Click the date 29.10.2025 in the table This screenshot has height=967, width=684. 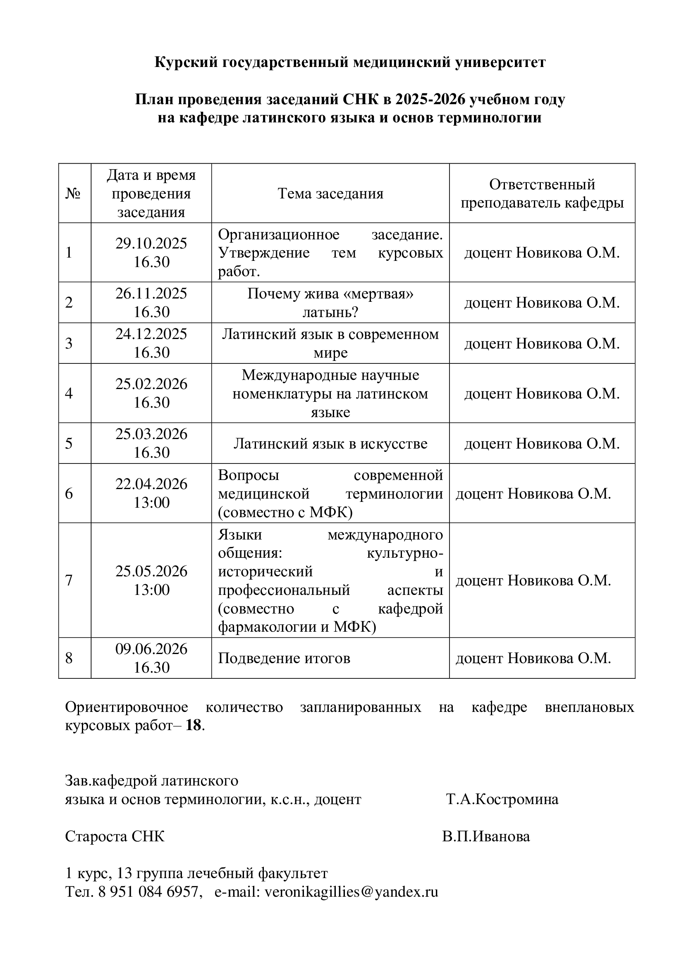(151, 244)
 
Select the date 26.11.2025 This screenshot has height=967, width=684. (151, 293)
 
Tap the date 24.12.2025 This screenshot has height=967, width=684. (151, 334)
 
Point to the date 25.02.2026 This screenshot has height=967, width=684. (151, 384)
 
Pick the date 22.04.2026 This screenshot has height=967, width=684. (151, 484)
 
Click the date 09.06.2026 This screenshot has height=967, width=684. (151, 649)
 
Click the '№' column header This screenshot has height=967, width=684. (73, 194)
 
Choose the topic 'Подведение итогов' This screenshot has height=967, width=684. (284, 658)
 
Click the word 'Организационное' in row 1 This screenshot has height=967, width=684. (278, 234)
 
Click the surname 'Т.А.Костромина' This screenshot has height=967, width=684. (502, 799)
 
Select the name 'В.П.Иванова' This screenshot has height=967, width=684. (486, 836)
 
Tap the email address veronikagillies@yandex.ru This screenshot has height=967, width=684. (351, 892)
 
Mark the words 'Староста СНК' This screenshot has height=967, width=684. (115, 836)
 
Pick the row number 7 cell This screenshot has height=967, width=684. (69, 580)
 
